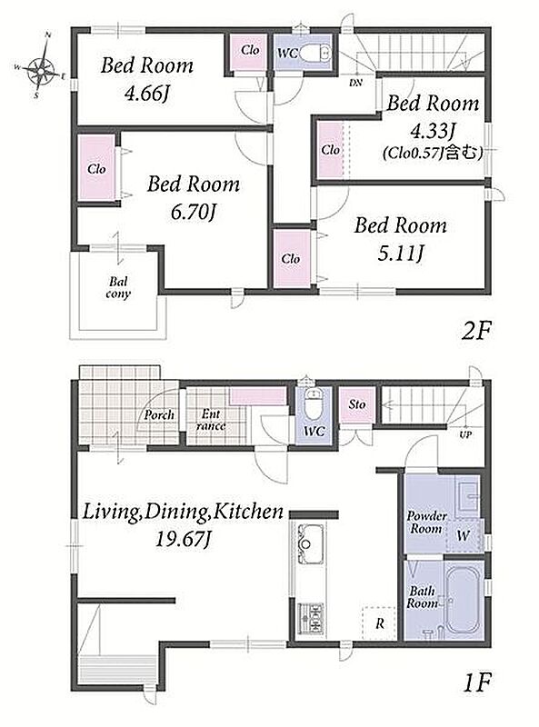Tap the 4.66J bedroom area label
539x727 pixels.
coord(146,95)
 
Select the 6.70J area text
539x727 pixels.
coord(193,213)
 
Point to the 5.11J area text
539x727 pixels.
coord(400,254)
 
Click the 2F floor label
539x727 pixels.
coord(475,331)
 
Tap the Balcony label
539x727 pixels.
coord(118,287)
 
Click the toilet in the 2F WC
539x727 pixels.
coord(315,54)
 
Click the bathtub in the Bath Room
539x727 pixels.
coord(463,600)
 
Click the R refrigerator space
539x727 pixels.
coord(379,622)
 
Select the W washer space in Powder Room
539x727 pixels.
coord(464,535)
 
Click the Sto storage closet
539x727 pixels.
coord(356,404)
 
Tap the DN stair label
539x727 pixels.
coord(355,84)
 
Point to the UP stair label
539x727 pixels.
coord(465,435)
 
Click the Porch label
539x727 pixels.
coord(159,415)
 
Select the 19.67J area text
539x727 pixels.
coord(183,539)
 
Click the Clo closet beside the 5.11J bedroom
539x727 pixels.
coord(291,258)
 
